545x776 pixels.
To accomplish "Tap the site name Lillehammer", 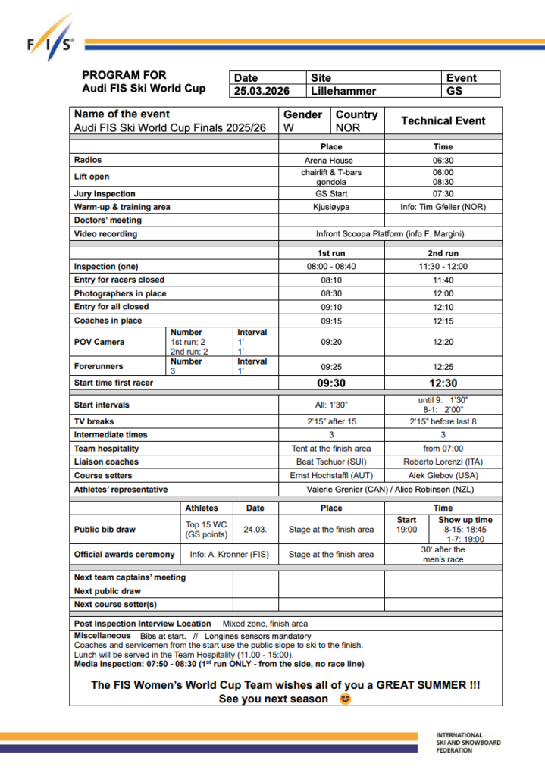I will pos(343,91).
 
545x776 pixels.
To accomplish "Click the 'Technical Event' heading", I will pos(443,120).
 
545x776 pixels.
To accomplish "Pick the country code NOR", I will pos(348,128).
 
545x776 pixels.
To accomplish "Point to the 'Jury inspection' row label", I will pos(105,193).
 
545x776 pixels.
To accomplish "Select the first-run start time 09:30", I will pos(331,383).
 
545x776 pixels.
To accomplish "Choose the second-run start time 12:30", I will pos(443,383).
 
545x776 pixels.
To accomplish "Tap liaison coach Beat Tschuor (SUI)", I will pos(331,462).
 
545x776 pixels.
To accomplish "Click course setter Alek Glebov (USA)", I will pos(443,475).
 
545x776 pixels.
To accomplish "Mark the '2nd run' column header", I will pos(443,253).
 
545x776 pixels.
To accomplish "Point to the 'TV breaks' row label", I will pos(96,421).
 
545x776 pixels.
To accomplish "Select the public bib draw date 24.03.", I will pos(255,530).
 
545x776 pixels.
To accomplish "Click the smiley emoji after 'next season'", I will pos(346,699).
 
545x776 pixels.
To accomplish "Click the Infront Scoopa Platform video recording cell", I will pos(387,234).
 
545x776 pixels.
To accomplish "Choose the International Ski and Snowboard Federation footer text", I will pos(468,743).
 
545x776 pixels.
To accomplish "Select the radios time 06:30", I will pos(443,161).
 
